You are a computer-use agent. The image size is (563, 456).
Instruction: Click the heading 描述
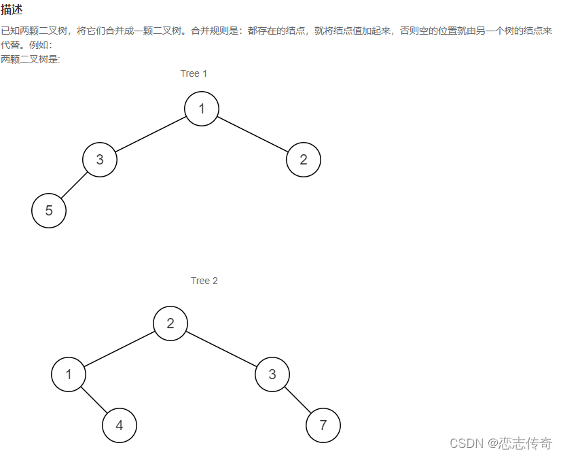click(12, 10)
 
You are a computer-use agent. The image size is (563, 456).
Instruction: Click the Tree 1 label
click(194, 73)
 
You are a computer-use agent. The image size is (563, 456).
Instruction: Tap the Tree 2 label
click(204, 281)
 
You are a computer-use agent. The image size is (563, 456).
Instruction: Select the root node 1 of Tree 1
click(202, 109)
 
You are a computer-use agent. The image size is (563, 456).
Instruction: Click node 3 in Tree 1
click(100, 160)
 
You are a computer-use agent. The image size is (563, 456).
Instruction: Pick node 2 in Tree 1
click(303, 160)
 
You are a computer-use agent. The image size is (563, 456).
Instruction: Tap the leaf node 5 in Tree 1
click(49, 211)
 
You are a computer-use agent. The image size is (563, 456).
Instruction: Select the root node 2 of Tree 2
click(170, 323)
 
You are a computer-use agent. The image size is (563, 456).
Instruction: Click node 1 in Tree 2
click(69, 374)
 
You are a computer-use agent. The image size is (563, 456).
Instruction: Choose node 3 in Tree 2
click(272, 374)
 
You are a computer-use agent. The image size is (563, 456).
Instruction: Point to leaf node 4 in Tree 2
click(120, 425)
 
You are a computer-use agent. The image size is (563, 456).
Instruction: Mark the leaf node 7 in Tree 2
click(323, 425)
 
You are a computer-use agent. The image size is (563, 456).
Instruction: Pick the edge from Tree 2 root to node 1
click(120, 349)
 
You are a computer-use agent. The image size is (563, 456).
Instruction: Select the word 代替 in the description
click(11, 45)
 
